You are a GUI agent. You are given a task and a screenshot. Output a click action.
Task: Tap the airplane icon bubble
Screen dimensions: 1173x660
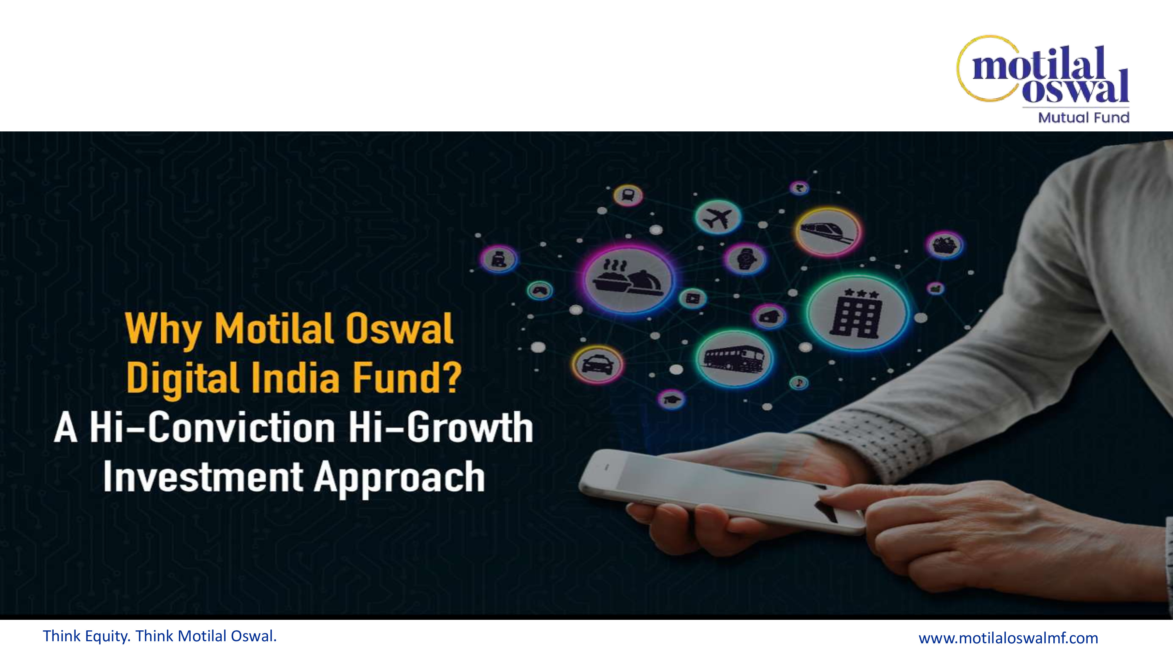pos(718,218)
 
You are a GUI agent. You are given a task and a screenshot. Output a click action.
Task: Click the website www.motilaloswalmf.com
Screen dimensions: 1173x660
pos(1008,638)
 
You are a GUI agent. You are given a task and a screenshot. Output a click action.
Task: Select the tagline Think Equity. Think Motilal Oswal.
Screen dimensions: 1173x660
pos(160,636)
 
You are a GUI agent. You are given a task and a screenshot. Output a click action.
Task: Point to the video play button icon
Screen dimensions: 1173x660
pos(692,299)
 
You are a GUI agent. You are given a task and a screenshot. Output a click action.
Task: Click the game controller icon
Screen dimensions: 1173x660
pos(540,290)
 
